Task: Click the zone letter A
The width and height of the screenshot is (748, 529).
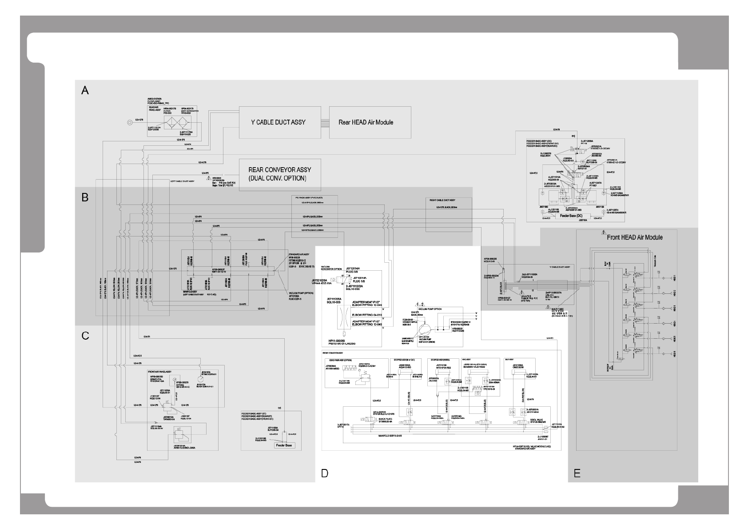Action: [x=85, y=91]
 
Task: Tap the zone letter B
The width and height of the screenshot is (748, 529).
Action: [x=85, y=197]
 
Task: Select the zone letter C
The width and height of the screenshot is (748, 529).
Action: [x=85, y=336]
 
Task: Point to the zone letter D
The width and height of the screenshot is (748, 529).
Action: [x=325, y=473]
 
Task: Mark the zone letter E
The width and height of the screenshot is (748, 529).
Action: [x=577, y=473]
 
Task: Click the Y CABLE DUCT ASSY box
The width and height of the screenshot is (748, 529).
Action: [x=279, y=122]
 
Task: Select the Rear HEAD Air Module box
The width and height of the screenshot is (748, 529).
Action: [x=370, y=122]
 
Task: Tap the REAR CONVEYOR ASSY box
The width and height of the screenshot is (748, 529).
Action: [x=280, y=174]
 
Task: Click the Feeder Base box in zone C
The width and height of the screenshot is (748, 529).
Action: [x=284, y=445]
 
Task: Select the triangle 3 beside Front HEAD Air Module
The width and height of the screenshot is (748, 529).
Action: [x=604, y=232]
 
